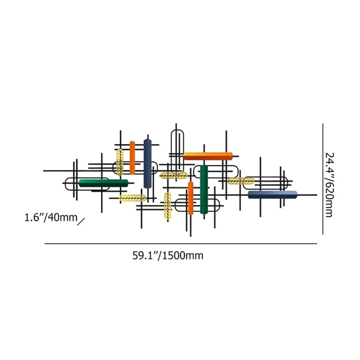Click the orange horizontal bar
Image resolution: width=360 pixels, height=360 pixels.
coord(208,156)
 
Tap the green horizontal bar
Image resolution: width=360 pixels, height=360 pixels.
coord(103,183)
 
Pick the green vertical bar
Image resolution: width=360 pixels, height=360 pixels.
coord(204,189)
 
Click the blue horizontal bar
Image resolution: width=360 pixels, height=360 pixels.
coord(273,194)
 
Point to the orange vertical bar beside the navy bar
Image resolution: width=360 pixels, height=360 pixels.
coord(132,157)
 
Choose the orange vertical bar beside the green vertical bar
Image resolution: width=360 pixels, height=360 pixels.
coord(190,198)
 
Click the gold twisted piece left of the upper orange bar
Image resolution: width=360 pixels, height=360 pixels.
coord(120,162)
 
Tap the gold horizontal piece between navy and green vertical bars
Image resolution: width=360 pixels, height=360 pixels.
coord(174,175)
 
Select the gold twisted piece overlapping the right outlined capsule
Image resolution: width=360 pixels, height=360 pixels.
coord(241,181)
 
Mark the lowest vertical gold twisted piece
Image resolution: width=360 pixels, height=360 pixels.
coord(167,206)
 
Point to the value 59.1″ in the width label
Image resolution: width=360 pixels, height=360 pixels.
coord(145,256)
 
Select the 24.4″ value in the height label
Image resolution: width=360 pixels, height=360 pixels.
coord(328,167)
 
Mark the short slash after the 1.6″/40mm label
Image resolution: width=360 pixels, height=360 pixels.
coord(81,221)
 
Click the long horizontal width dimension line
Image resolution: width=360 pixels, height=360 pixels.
coord(180,244)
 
